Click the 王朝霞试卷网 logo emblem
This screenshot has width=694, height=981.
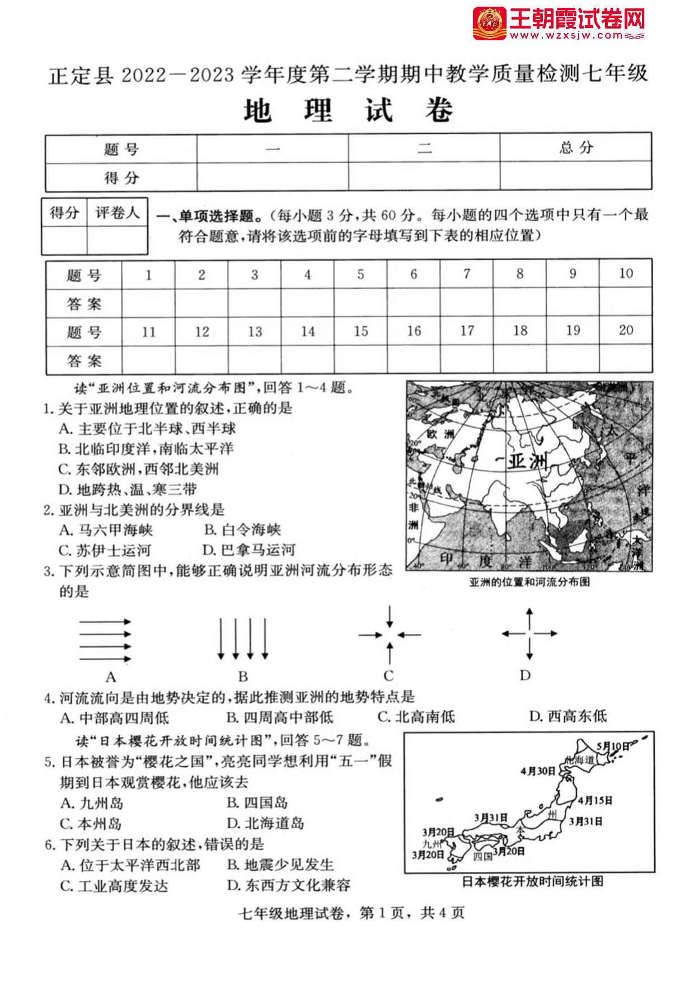coord(490,24)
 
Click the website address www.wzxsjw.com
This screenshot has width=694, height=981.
coord(565,36)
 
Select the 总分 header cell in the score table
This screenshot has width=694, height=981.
coord(575,148)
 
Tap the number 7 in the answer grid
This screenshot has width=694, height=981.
coord(467,274)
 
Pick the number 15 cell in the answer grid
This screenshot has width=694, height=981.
coord(361,331)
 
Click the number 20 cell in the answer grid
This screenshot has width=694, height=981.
coord(626,330)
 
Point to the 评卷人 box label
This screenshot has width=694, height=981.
coord(117,213)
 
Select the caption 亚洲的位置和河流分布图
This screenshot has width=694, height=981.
coord(529,582)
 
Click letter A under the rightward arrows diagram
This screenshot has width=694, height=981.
coord(111,677)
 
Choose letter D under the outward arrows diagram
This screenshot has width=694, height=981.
coord(524,675)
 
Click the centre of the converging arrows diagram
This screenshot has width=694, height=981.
coord(390,635)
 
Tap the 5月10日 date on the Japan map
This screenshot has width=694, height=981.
coord(613,746)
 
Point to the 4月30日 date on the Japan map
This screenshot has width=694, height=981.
coord(538,771)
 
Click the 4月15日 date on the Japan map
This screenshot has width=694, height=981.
coord(595,800)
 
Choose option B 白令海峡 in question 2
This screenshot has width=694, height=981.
coord(242,530)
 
